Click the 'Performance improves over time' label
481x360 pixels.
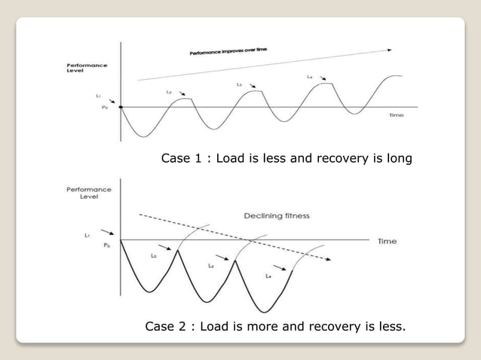228,53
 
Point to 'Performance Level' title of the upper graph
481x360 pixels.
86,68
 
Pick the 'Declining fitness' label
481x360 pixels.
277,216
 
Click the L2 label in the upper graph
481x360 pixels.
169,91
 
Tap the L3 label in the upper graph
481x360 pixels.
239,85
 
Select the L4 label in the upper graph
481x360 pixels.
310,77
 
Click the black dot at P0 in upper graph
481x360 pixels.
121,107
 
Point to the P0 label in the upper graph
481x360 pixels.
105,108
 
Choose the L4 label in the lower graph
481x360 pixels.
268,276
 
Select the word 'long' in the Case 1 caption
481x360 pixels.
395,159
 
